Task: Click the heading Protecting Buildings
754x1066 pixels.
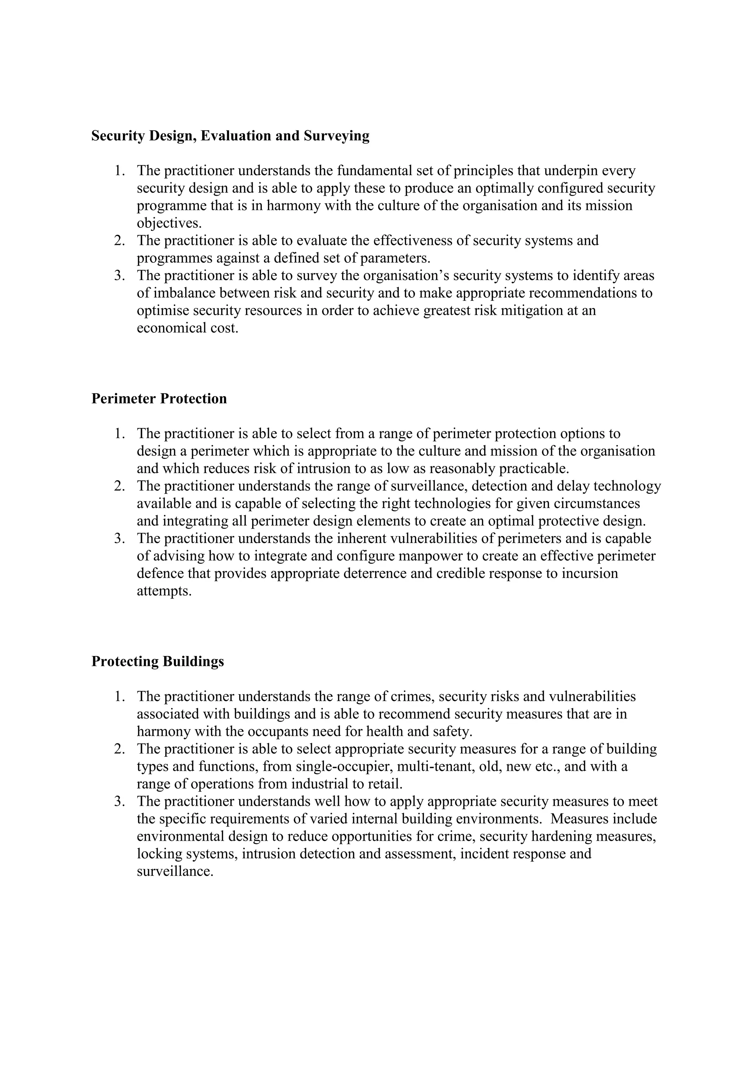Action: click(158, 661)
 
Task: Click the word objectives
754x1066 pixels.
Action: click(169, 223)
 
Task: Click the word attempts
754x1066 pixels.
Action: click(163, 591)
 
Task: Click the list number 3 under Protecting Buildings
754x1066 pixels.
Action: click(119, 801)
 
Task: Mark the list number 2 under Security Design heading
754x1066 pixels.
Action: click(119, 240)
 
